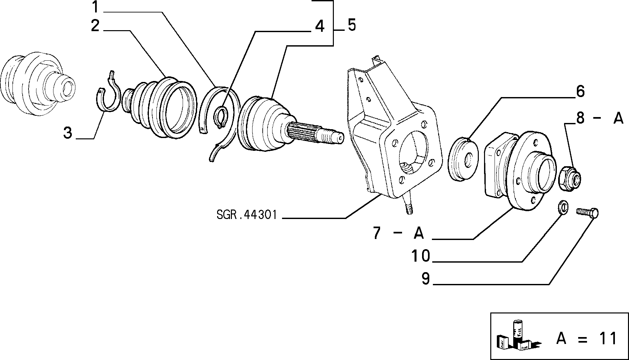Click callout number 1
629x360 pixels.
click(95, 7)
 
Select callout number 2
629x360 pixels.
click(95, 25)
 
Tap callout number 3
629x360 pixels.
click(68, 133)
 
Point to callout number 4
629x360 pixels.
click(319, 26)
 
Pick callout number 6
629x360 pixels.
click(580, 91)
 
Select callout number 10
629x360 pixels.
click(421, 256)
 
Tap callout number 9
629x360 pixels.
click(425, 279)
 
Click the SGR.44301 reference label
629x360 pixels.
click(247, 215)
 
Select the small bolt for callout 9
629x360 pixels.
click(587, 212)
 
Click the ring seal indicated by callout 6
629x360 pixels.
click(464, 159)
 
